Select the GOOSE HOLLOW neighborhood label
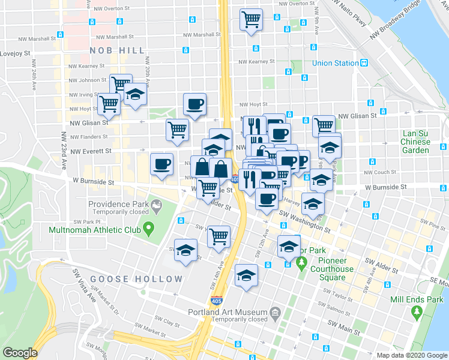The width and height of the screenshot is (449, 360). click(x=136, y=279)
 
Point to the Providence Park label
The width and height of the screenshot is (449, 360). click(x=119, y=205)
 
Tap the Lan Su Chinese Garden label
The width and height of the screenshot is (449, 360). click(x=416, y=142)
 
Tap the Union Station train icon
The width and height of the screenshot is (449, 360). click(x=364, y=63)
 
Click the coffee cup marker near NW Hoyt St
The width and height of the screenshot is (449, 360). click(x=194, y=104)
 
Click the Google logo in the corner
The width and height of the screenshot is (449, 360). click(x=20, y=353)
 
